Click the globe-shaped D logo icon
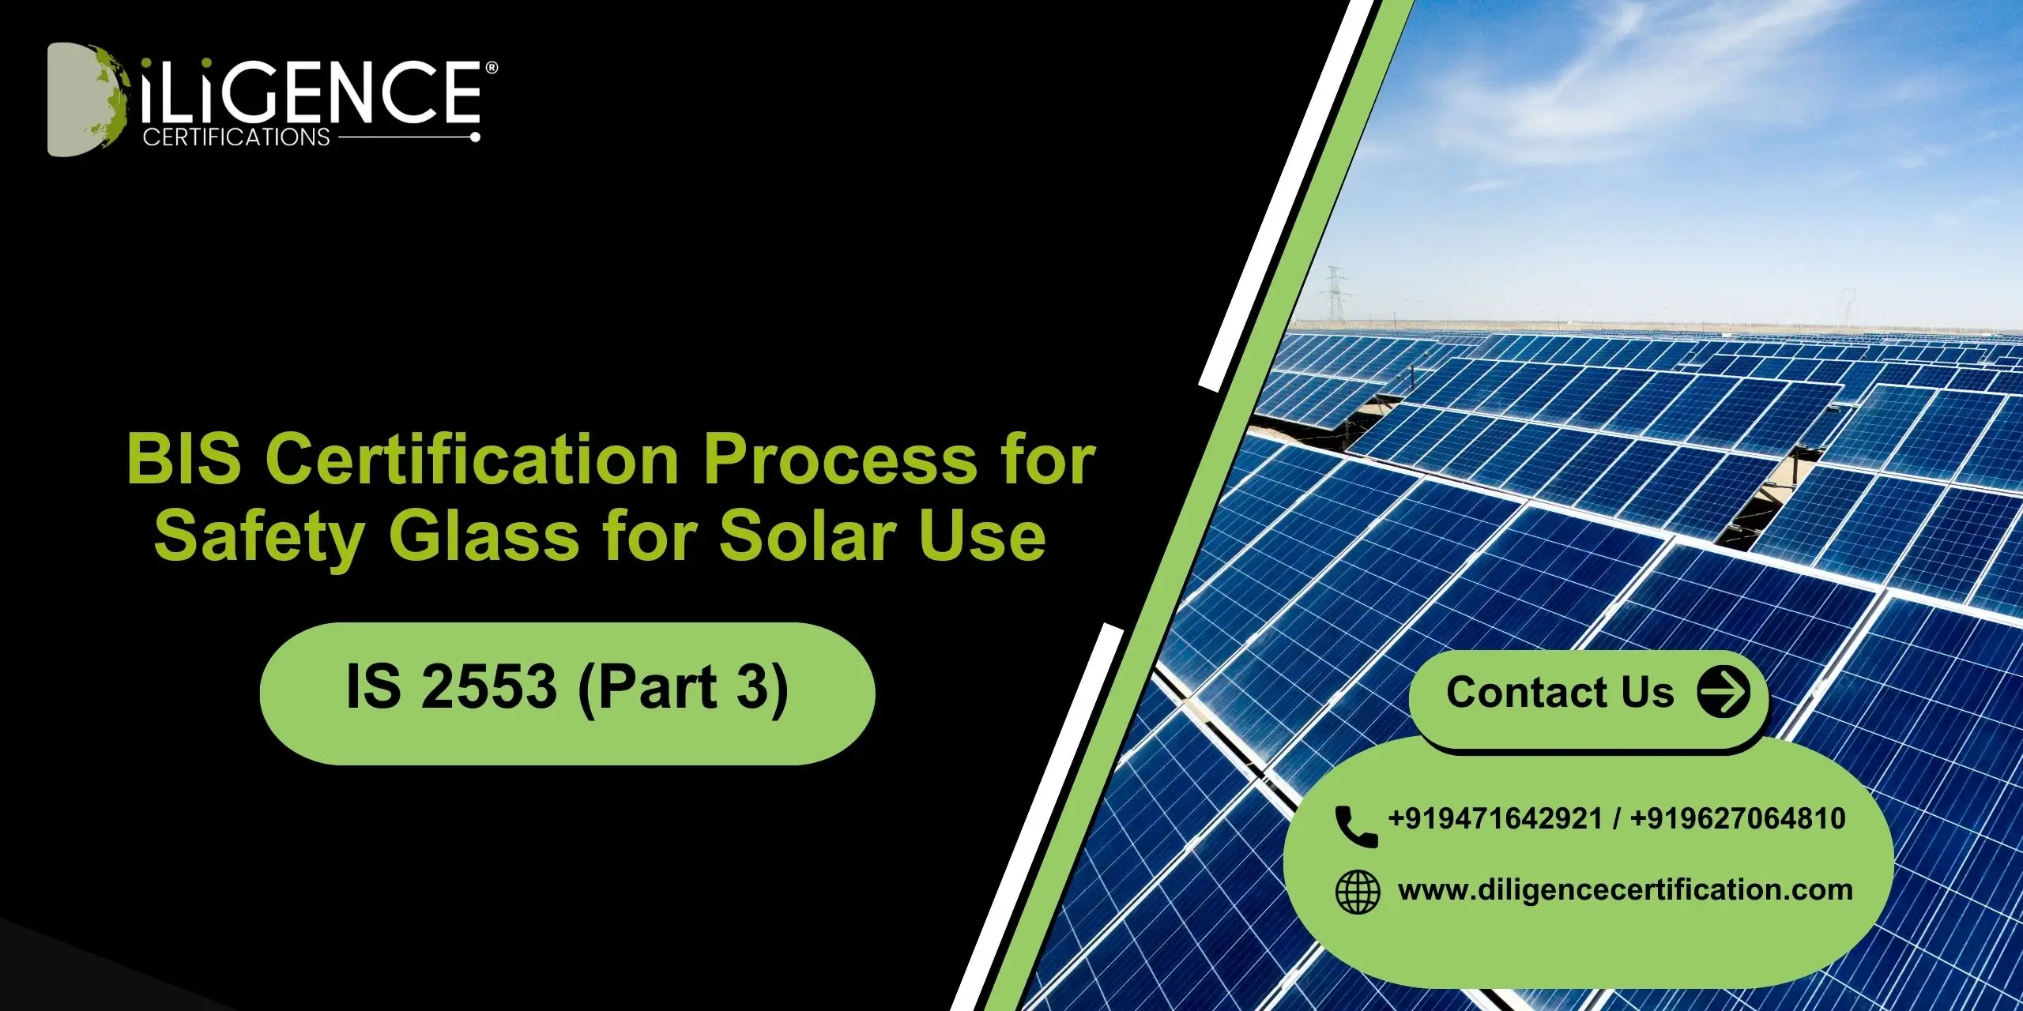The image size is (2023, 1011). pyautogui.click(x=85, y=99)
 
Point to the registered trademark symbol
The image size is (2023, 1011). pyautogui.click(x=492, y=69)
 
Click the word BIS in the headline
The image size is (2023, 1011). pyautogui.click(x=183, y=460)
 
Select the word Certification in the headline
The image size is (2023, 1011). pyautogui.click(x=472, y=460)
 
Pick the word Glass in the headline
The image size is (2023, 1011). pyautogui.click(x=484, y=537)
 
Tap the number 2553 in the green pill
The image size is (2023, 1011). pyautogui.click(x=489, y=686)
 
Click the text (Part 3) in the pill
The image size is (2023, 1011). pyautogui.click(x=683, y=688)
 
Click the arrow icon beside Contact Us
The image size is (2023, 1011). pyautogui.click(x=1724, y=692)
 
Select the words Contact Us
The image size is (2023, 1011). pyautogui.click(x=1560, y=693)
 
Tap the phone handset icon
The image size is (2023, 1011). pyautogui.click(x=1355, y=826)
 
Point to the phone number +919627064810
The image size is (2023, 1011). pyautogui.click(x=1738, y=819)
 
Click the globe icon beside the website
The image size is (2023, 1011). pyautogui.click(x=1357, y=893)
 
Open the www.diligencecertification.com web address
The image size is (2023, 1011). pyautogui.click(x=1625, y=890)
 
